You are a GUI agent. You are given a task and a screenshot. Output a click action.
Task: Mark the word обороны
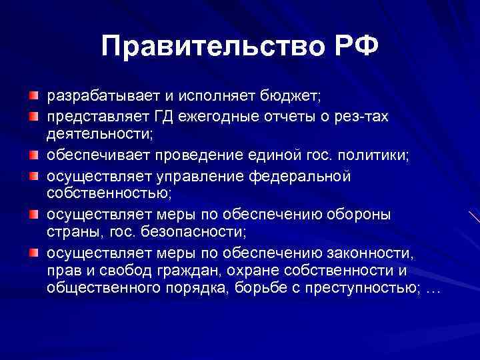click(359, 215)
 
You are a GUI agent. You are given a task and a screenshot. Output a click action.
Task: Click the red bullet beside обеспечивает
click(33, 156)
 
